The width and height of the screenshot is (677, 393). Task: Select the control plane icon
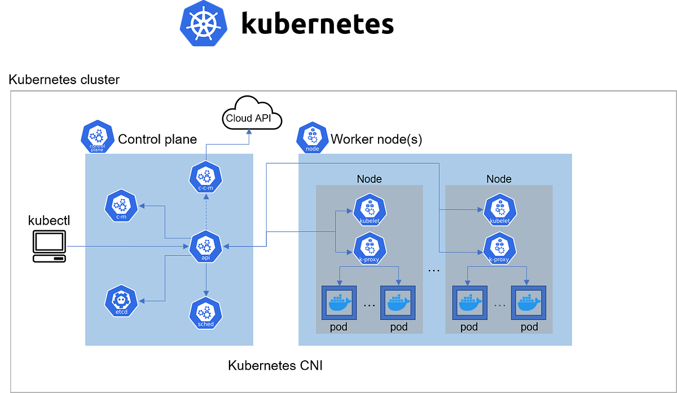[98, 137]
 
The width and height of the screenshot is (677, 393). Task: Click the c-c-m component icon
[206, 177]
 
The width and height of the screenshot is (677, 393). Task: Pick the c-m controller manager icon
[121, 206]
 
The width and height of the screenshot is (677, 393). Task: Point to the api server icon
[206, 246]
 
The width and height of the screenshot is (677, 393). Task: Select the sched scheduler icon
[206, 313]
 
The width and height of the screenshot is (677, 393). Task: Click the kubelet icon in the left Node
[370, 210]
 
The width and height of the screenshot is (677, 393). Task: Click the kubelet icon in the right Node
[499, 210]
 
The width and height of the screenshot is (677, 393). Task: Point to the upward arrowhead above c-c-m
[249, 132]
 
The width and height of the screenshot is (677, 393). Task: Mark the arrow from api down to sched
[206, 280]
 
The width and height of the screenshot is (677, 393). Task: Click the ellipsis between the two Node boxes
[433, 270]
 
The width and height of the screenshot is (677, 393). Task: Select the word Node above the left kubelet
[369, 179]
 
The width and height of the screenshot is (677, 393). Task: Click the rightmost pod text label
[529, 327]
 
